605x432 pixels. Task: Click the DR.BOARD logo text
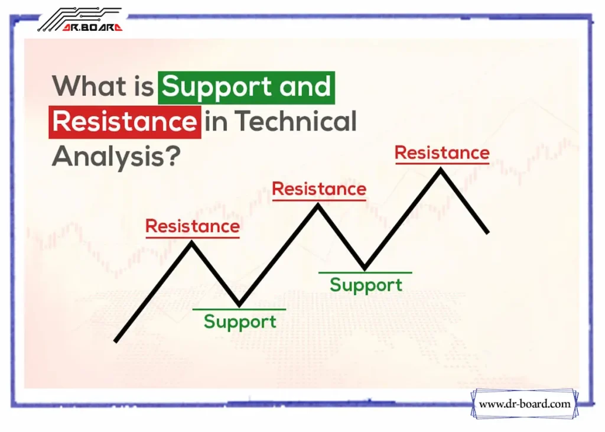coord(92,27)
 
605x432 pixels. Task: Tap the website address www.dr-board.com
coord(525,404)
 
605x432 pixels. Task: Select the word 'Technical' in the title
coord(295,121)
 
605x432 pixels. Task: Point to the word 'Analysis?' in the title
coord(116,157)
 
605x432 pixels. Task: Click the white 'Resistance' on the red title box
coord(125,122)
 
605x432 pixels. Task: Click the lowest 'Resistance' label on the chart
coord(193,226)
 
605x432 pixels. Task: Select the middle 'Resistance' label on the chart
coord(319,189)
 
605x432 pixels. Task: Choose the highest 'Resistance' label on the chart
coord(442,152)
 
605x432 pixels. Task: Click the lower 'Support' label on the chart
coord(240,322)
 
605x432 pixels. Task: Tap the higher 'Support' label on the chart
coord(366,285)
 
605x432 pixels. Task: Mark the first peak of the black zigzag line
coord(191,242)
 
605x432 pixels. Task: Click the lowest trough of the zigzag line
coord(239,306)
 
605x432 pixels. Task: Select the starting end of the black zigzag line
coord(115,341)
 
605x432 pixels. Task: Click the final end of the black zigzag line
coord(487,232)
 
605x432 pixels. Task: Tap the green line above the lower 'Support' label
coord(239,309)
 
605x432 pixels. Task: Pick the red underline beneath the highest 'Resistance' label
coord(443,164)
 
